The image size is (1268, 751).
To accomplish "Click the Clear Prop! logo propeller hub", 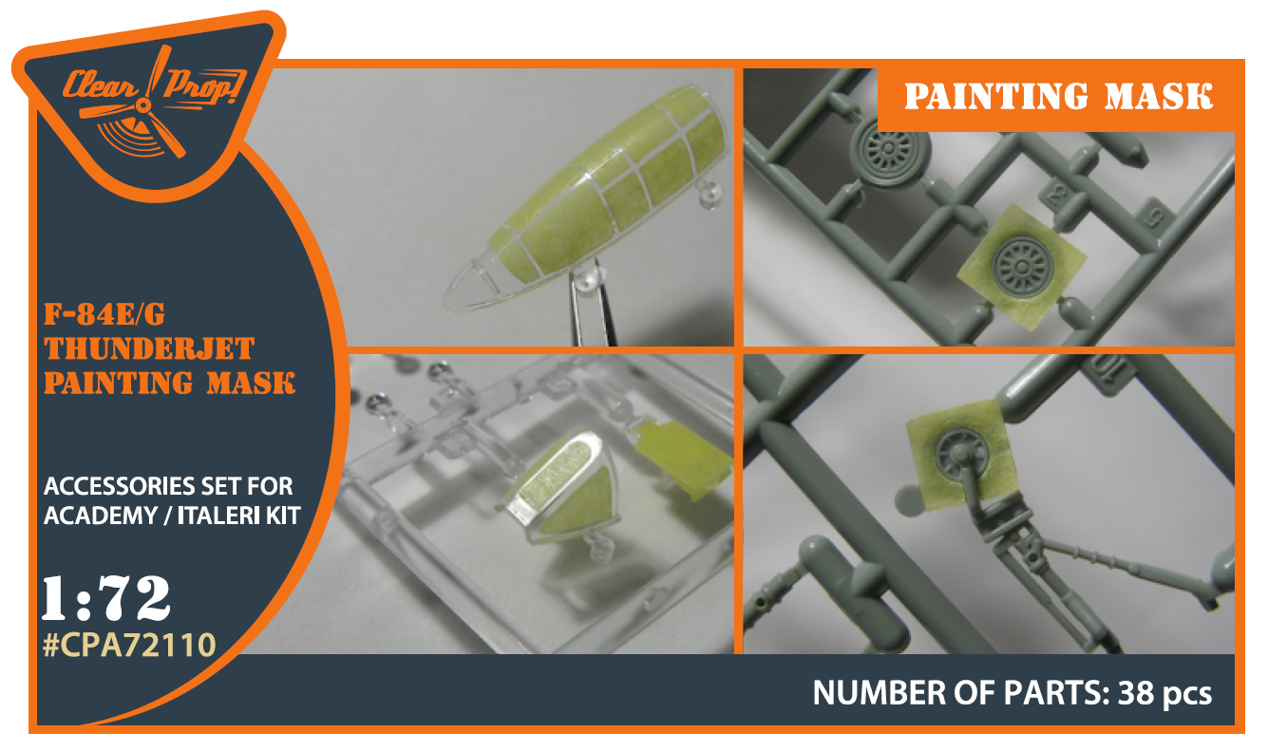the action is coord(143,105).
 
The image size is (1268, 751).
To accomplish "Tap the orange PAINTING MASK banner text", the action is coord(1058,96).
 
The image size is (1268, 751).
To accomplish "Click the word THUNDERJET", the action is coord(149,348).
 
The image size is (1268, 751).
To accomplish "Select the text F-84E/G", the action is coord(104,314).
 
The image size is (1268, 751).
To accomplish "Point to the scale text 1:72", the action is coord(105,598).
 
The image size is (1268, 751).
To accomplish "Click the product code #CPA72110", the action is coord(129,645).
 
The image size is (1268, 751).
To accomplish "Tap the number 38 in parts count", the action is coord(1136,693).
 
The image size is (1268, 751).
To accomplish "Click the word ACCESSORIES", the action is coord(120,486).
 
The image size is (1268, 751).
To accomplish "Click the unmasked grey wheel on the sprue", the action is coord(889,149).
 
